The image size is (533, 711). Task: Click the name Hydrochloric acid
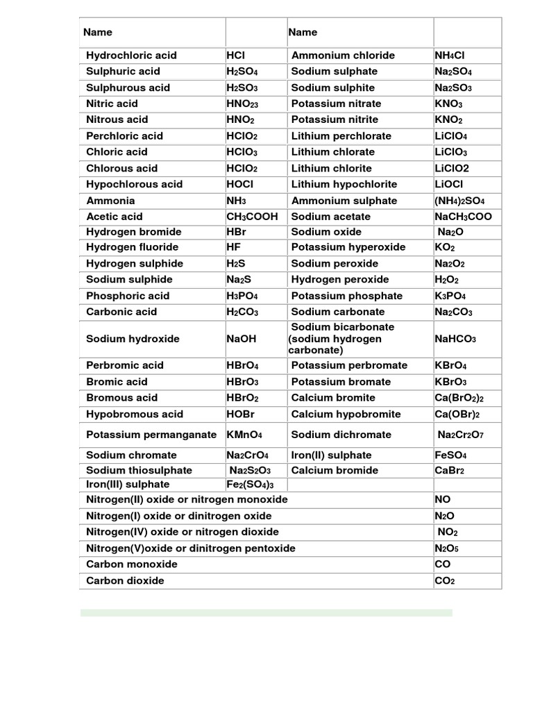[131, 56]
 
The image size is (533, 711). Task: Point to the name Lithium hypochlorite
[344, 184]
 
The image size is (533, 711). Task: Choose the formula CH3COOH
[252, 217]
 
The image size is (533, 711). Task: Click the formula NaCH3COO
[463, 217]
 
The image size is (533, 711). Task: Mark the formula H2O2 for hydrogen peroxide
[448, 280]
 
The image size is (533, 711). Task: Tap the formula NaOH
[242, 339]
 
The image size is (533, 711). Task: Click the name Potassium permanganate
[151, 435]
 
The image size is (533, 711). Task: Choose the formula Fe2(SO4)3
[251, 485]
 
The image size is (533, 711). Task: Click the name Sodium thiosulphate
[139, 470]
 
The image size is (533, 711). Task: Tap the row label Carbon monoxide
[131, 564]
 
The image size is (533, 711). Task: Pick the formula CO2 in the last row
[444, 580]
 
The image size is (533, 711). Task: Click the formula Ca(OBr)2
[457, 415]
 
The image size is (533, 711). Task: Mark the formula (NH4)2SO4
[459, 201]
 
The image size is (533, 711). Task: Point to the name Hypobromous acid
[135, 415]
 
